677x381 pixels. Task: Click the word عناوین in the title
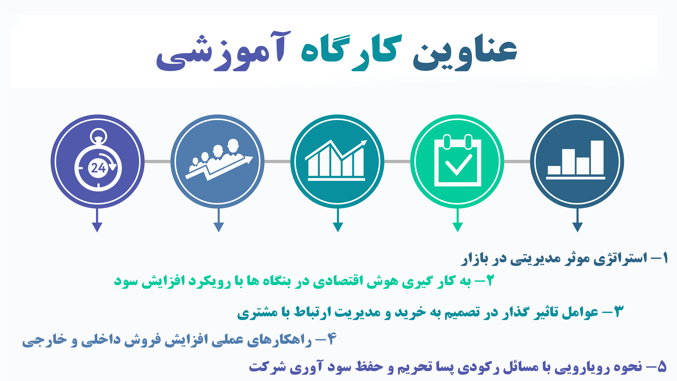coord(465,54)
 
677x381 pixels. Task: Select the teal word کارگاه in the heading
coord(351,53)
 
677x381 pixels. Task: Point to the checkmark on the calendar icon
coord(459,165)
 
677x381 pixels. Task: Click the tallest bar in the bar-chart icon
coord(597,157)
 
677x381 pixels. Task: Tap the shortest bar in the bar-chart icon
coord(554,170)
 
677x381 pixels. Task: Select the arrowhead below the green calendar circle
coord(458,227)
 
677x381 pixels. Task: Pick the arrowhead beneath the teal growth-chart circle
coord(338,227)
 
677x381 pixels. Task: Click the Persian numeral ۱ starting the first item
coord(665,258)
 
